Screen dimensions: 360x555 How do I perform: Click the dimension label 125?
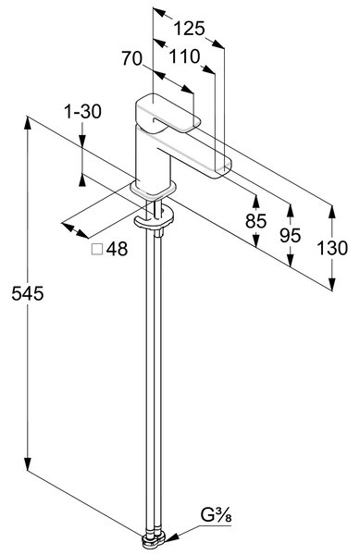tap(189, 29)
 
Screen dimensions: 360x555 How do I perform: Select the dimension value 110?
tap(185, 56)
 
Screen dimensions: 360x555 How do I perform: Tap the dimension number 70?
tap(132, 58)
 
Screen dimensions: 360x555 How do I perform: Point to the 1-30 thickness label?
tap(82, 112)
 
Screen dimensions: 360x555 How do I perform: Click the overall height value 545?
tap(28, 293)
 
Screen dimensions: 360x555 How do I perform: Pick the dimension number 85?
tap(255, 222)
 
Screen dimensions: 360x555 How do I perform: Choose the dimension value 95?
tap(291, 235)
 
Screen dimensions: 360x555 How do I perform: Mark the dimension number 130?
tap(331, 248)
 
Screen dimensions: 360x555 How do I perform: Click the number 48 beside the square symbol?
tap(117, 249)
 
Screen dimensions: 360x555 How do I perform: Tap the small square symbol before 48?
tap(97, 249)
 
